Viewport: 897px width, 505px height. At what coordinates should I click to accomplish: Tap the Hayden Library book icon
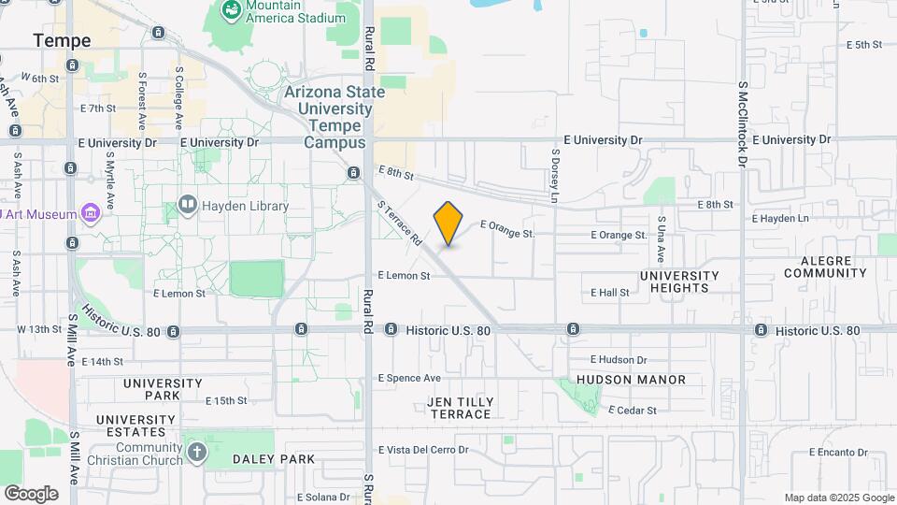[188, 206]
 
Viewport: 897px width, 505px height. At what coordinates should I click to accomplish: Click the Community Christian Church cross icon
[196, 453]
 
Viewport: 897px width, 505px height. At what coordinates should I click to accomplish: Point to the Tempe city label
[63, 41]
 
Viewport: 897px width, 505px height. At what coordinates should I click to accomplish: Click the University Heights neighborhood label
[679, 281]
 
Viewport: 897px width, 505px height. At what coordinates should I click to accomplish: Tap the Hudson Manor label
[631, 380]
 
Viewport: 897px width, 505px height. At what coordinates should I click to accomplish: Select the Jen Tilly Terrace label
[460, 408]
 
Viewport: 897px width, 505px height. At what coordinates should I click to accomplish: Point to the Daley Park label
[274, 459]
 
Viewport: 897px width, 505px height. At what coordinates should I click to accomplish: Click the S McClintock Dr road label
[744, 123]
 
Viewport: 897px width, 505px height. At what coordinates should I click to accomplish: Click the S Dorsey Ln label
[555, 176]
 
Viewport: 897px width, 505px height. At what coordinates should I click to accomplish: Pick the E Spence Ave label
[409, 378]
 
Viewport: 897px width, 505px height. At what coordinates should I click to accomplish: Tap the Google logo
[31, 493]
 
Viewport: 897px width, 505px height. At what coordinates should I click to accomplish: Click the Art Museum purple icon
[91, 214]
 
